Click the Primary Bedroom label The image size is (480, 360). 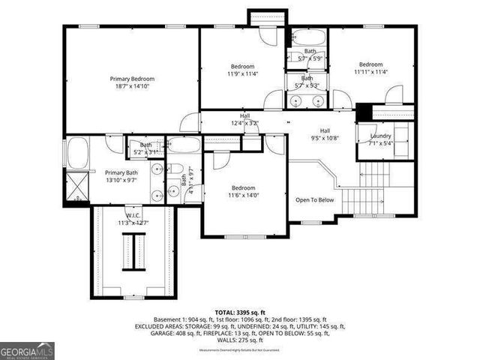click(132, 79)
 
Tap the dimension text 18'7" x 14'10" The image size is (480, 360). click(132, 87)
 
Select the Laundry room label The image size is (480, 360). click(381, 136)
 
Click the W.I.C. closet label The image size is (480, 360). click(133, 215)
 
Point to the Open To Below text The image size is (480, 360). click(314, 200)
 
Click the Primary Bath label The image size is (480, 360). click(121, 172)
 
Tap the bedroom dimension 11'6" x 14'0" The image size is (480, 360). click(244, 195)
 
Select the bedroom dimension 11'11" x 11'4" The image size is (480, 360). click(370, 73)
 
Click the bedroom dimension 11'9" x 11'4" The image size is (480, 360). click(242, 73)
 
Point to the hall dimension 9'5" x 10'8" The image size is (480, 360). click(325, 138)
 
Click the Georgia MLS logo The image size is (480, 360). click(27, 350)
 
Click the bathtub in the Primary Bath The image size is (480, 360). click(77, 154)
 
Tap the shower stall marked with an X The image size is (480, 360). click(76, 185)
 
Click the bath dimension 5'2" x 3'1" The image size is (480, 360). click(145, 152)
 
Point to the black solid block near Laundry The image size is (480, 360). click(364, 110)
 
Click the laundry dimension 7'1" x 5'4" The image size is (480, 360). click(381, 143)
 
